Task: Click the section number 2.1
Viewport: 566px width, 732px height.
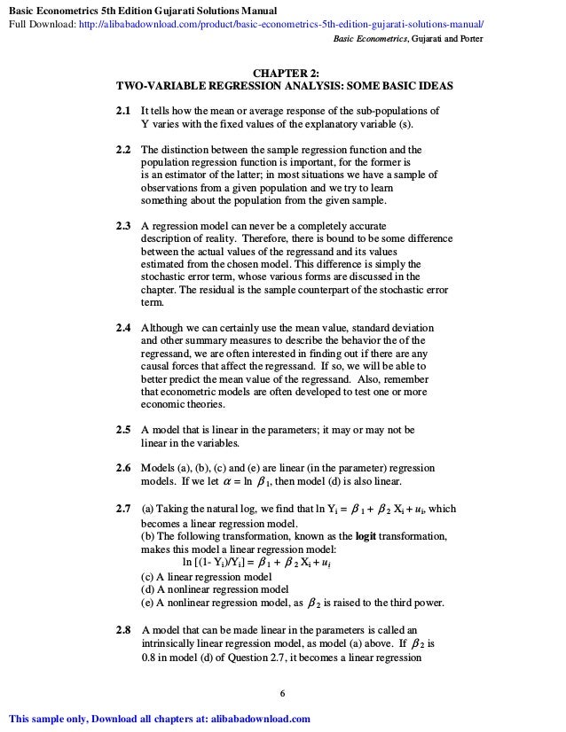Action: pos(123,111)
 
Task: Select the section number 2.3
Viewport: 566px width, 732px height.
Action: pos(123,226)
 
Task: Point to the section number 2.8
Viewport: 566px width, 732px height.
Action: pos(123,630)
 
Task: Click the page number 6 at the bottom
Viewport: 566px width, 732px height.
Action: pos(282,692)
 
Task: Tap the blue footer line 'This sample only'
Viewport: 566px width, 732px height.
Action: pos(159,719)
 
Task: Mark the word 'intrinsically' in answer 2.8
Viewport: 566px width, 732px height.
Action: pos(169,643)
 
